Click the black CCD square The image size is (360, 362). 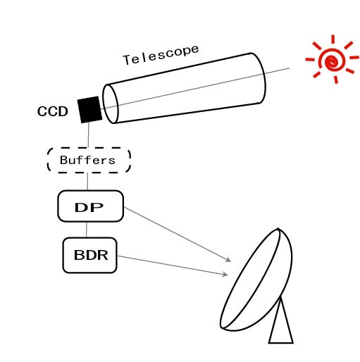click(89, 109)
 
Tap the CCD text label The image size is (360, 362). click(53, 111)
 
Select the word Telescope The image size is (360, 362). click(161, 55)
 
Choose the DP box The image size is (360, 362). click(90, 206)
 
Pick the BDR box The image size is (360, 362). click(89, 255)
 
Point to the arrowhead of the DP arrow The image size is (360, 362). click(228, 259)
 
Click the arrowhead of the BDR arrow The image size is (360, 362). click(225, 274)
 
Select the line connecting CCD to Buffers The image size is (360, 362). click(89, 135)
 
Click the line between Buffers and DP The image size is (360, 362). click(87, 182)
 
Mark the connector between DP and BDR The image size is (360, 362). click(87, 230)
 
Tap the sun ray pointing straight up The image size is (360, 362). click(333, 39)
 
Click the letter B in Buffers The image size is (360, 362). click(64, 160)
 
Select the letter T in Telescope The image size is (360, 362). click(127, 60)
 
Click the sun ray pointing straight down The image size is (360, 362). click(336, 80)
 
